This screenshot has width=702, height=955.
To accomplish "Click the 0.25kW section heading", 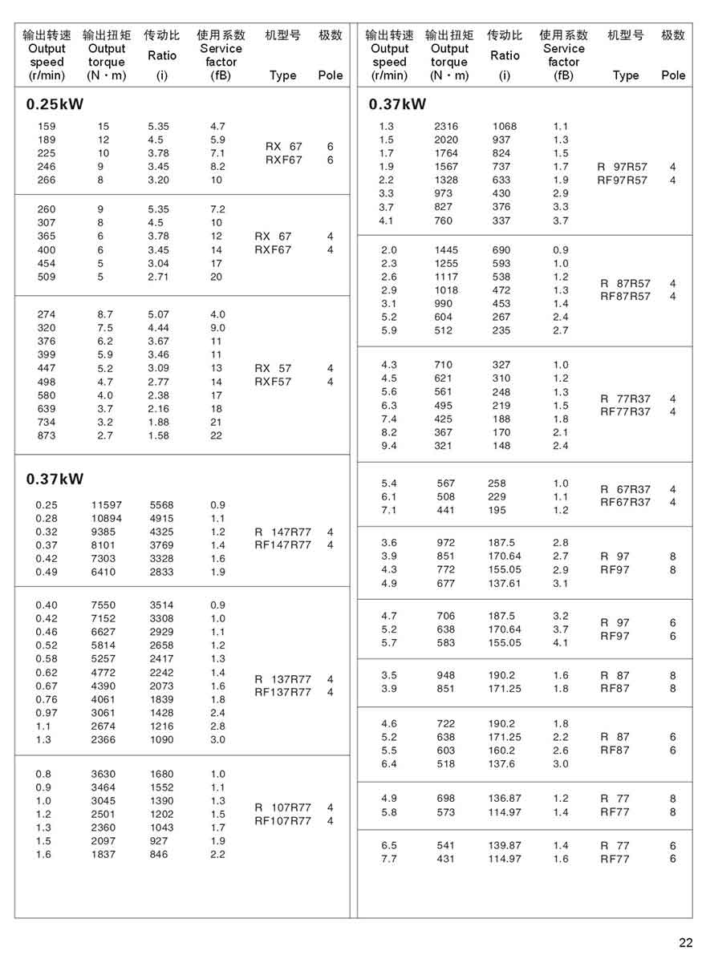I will pos(55,104).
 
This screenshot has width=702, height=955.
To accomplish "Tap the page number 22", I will pos(685,942).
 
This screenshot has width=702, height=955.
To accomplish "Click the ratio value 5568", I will pos(161,505).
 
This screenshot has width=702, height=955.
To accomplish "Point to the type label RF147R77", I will pos(282,545).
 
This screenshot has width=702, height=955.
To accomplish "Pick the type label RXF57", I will pos(273,382).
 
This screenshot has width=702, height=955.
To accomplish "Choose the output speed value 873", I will pos(47,435).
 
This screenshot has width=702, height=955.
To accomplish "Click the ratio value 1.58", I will pos(159,435).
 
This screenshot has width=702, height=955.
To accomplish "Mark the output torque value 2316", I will pos(446,126).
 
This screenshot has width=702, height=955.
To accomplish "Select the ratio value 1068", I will pos(505,126).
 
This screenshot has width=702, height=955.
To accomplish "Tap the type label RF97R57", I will pos(623,180).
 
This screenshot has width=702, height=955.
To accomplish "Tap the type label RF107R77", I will pos(282,820).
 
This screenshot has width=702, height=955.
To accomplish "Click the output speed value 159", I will pos(47,126).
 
